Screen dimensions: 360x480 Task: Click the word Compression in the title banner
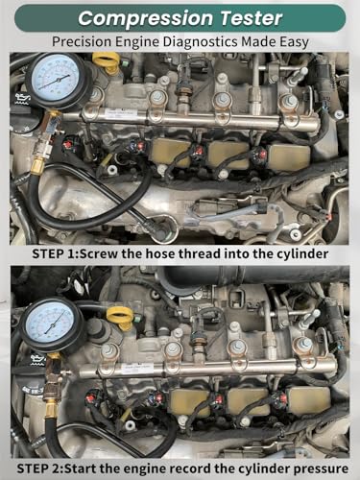(x=145, y=18)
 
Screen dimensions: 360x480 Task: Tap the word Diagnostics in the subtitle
(x=201, y=42)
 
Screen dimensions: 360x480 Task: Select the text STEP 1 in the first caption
(x=55, y=254)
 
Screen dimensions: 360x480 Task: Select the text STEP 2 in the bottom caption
(x=40, y=468)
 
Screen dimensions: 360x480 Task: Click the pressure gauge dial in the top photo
(x=55, y=77)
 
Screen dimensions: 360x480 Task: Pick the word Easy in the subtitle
(x=295, y=42)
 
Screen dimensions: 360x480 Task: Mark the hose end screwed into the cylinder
(x=160, y=227)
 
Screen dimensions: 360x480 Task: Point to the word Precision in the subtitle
(x=82, y=42)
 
